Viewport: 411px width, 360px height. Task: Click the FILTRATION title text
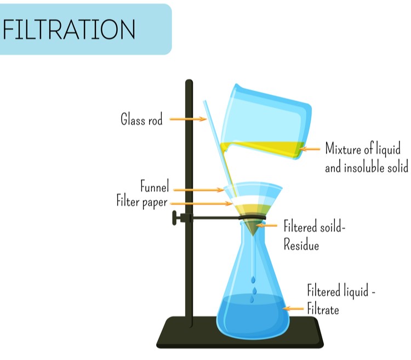pos(69,29)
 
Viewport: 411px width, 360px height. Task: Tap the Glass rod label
pos(141,119)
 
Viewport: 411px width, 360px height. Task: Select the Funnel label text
pos(155,186)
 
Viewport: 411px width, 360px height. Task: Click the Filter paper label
pos(142,202)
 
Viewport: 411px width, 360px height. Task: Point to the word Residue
pos(301,244)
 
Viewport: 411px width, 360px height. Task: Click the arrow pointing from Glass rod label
pos(188,119)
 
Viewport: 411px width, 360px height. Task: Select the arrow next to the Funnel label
pos(199,190)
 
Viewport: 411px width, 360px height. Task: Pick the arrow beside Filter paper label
pos(201,203)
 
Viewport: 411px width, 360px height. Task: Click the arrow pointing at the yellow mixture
pos(310,149)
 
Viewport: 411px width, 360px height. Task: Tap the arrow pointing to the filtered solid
pos(266,225)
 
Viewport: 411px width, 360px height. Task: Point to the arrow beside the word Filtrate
pos(293,309)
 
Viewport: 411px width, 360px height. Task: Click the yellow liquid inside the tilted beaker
pos(262,150)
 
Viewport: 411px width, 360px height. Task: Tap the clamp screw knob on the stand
pos(174,218)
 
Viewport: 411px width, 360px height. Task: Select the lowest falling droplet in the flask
pos(252,299)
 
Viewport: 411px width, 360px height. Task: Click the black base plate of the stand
pos(240,332)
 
